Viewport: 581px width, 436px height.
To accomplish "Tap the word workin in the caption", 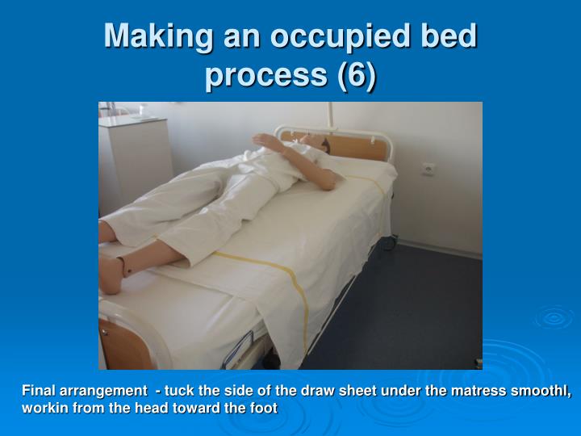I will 42,409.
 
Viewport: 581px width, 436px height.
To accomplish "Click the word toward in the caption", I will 190,409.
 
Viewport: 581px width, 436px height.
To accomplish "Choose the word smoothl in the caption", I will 540,392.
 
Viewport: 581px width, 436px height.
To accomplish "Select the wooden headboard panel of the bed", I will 355,146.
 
